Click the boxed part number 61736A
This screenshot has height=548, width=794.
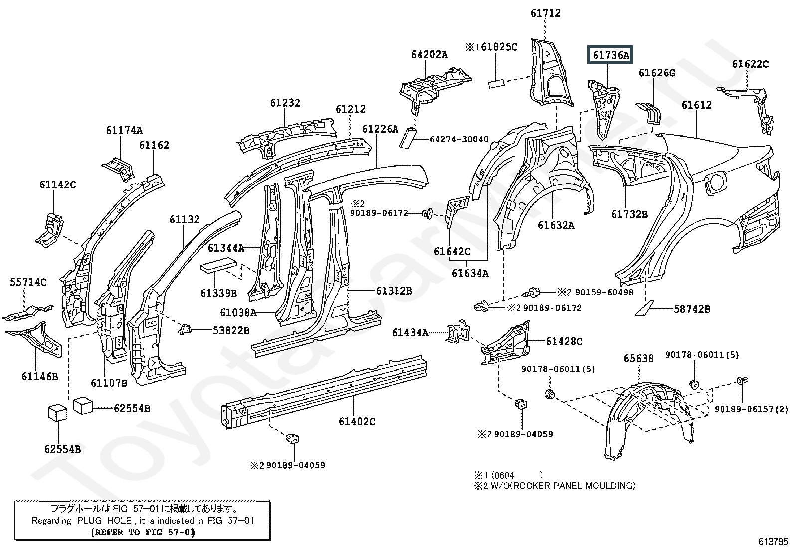coord(611,55)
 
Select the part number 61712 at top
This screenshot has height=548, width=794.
coord(545,13)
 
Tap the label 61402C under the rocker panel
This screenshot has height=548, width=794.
coord(357,422)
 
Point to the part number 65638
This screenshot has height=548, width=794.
coord(638,359)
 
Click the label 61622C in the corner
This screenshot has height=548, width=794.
coord(750,64)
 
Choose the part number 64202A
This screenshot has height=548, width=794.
coord(429,55)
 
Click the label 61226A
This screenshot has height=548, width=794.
coord(380,129)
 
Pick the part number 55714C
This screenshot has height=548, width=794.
coord(28,282)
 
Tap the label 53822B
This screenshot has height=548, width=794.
coord(231,330)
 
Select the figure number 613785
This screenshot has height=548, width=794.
coord(773,541)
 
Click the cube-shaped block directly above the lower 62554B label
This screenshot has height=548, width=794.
coord(58,414)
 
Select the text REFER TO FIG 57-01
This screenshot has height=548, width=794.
coord(143,532)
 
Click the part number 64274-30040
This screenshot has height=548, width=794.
coord(459,139)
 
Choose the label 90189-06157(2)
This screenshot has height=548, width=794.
coord(751,409)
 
